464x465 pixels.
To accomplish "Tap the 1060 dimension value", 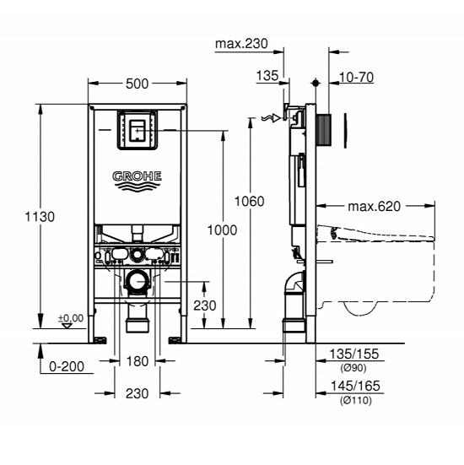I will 250,201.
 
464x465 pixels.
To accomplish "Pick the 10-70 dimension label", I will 357,76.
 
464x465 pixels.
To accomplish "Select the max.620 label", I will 374,205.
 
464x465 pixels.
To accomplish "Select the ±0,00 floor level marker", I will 70,318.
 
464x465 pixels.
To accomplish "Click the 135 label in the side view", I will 267,76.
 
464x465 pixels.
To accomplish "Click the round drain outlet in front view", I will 136,281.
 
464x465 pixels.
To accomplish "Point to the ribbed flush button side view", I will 325,128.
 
